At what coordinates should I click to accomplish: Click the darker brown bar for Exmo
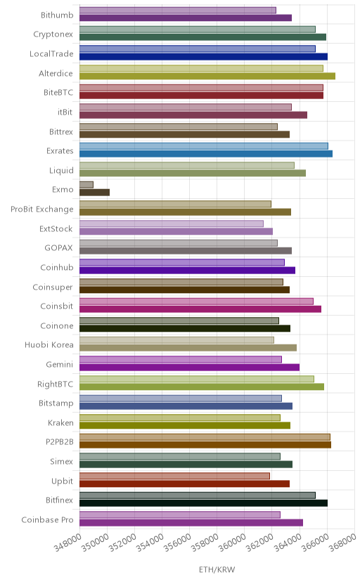pos(94,193)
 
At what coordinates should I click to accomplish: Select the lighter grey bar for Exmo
pos(86,184)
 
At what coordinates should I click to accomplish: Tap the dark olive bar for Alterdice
pos(207,76)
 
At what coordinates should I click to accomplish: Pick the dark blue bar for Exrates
pos(205,154)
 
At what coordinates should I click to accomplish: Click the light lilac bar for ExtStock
pos(172,224)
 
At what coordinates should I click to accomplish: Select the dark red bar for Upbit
pos(184,484)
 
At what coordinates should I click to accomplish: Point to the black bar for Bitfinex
pos(203,503)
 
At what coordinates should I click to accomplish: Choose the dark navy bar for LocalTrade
pos(203,57)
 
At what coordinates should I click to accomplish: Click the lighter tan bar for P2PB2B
pos(205,437)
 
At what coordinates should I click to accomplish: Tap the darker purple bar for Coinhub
pos(187,270)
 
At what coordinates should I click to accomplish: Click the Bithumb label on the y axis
pos(57,15)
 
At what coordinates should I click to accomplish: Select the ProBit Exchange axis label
pos(42,209)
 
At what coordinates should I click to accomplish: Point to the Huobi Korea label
pos(49,345)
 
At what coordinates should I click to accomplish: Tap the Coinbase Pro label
pos(48,519)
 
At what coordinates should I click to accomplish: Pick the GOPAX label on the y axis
pos(58,248)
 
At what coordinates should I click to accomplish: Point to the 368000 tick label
pos(342,543)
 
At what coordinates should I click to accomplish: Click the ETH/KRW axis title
pos(217,570)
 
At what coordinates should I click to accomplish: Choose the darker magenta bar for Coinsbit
pos(200,309)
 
